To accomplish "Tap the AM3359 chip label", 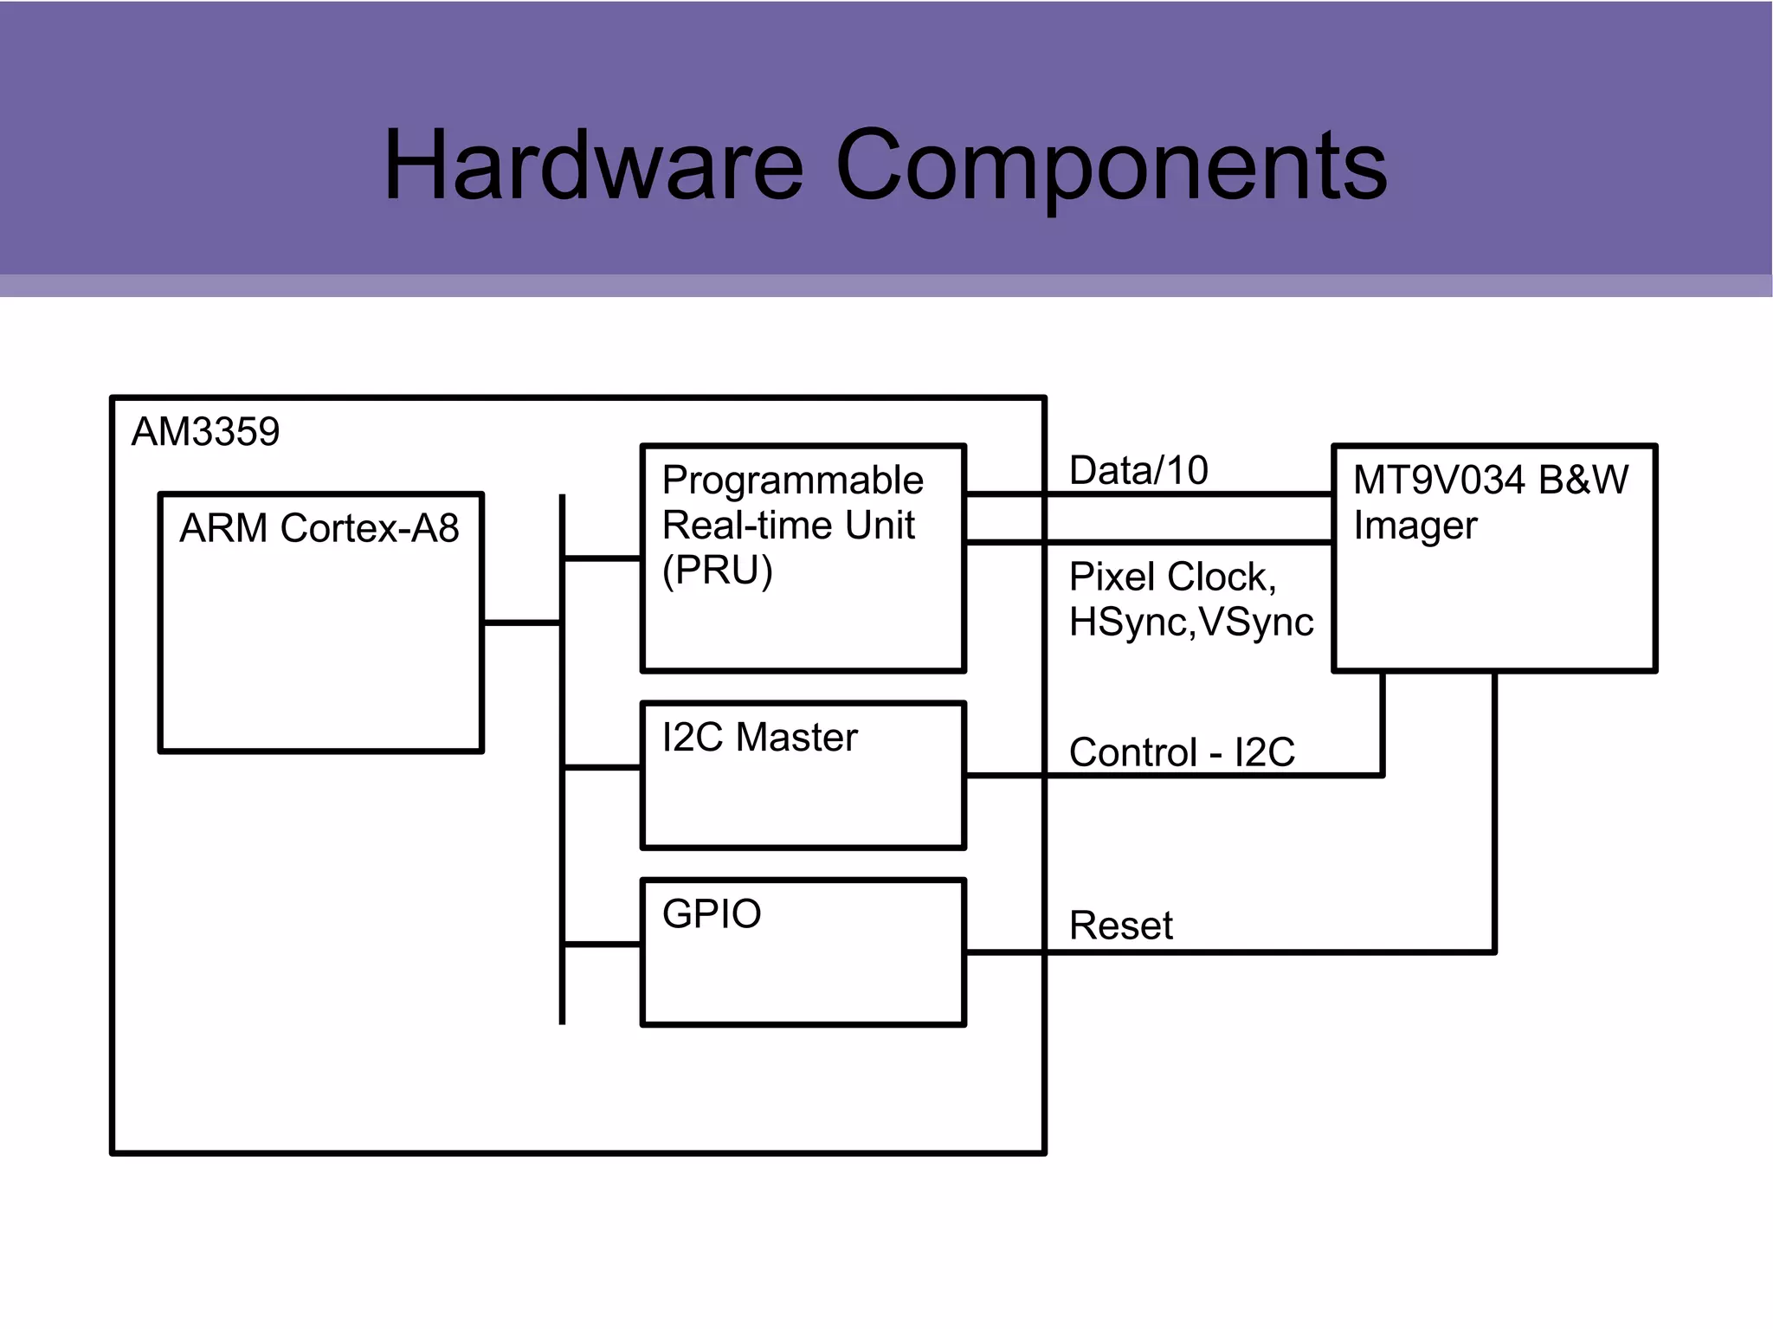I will click(205, 431).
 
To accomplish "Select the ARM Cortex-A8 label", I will click(319, 528).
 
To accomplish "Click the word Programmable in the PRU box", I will click(792, 481).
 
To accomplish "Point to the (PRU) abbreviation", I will click(717, 571).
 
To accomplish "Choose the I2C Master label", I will click(759, 738).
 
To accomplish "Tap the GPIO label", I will click(712, 914).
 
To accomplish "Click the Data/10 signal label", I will click(1138, 471).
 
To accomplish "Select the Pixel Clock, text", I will click(1172, 577).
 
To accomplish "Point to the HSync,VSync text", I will click(1191, 623).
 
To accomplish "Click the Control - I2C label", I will click(1182, 752).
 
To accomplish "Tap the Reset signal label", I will click(1120, 926).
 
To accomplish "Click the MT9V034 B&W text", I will click(1490, 481).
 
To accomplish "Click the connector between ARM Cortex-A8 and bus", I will click(522, 623).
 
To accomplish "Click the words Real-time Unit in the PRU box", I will click(788, 526).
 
